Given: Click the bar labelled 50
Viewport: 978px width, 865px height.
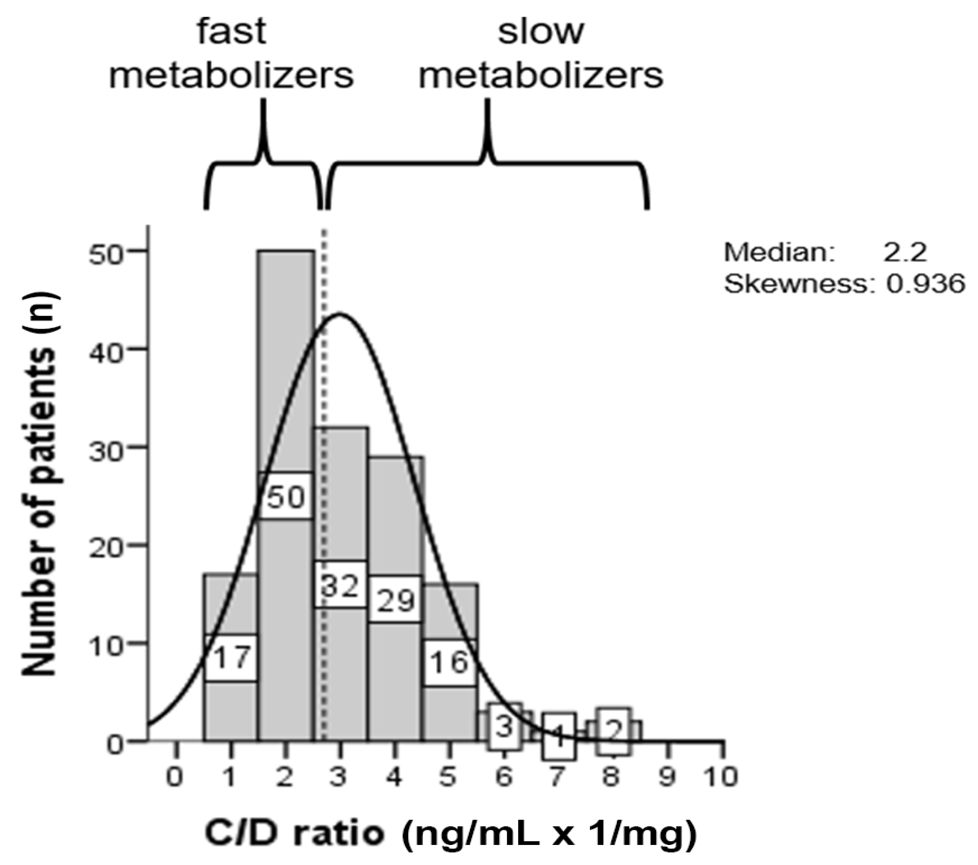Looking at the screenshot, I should [286, 364].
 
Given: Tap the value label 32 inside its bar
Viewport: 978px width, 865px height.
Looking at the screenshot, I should [340, 585].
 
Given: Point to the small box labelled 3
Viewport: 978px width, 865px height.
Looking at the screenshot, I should [505, 727].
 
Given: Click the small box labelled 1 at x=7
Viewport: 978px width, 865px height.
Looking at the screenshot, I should [559, 737].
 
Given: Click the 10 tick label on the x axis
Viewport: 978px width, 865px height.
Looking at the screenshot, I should [722, 777].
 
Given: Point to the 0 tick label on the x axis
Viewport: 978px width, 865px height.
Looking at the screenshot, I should [175, 777].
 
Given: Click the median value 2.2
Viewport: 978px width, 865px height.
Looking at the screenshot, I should [905, 252].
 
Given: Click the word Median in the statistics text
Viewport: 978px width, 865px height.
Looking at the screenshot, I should [779, 252].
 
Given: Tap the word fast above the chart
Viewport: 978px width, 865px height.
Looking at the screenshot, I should [232, 32].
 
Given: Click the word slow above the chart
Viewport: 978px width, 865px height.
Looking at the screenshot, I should [541, 32].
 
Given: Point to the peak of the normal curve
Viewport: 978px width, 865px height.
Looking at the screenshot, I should [339, 314].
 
